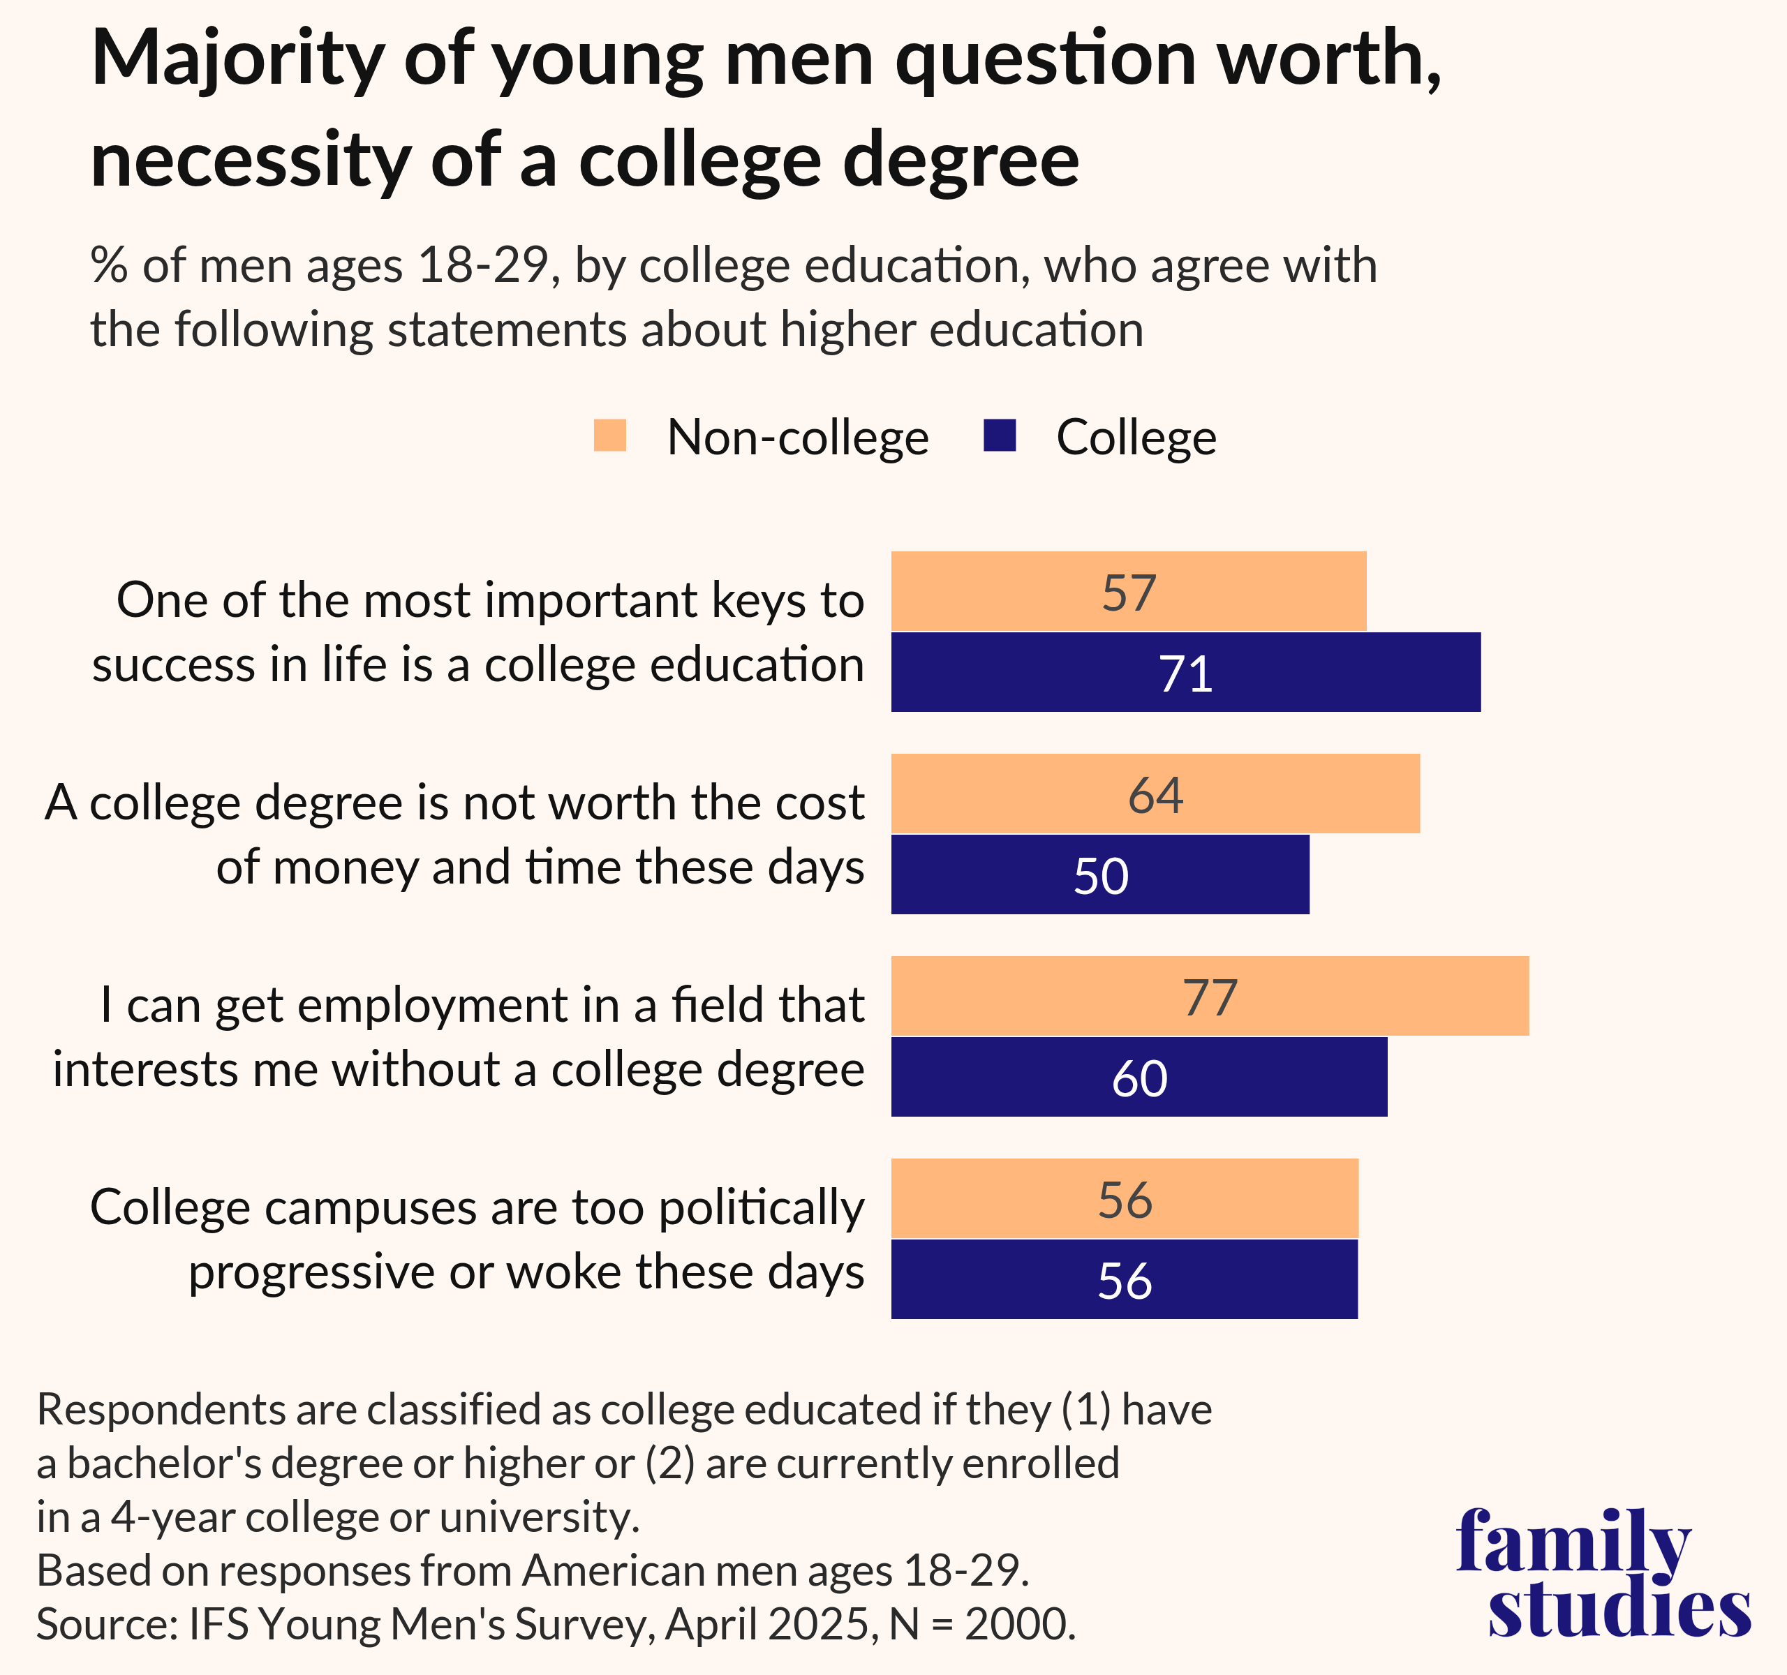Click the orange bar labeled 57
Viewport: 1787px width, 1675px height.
(x=1128, y=591)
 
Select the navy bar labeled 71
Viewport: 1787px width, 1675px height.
(x=1185, y=672)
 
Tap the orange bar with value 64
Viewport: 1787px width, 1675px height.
(x=1155, y=794)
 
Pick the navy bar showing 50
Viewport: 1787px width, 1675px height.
(x=1099, y=874)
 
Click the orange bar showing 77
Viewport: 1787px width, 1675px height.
(x=1209, y=996)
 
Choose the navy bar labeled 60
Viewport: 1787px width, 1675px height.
(x=1139, y=1076)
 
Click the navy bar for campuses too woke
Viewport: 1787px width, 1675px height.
(x=1124, y=1279)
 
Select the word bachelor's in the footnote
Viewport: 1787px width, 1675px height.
(x=163, y=1463)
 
